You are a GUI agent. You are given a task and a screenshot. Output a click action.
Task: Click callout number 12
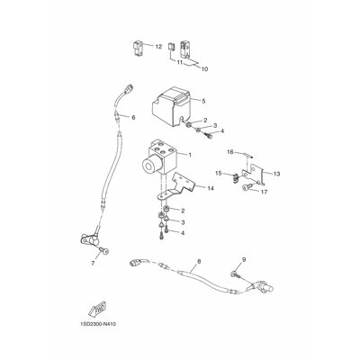point(158,47)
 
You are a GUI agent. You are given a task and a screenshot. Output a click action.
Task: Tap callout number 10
point(204,69)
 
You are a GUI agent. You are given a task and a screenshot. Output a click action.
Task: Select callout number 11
point(180,63)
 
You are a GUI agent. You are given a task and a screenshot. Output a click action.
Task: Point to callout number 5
point(203,101)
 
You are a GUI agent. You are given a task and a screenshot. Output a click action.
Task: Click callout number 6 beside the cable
point(133,117)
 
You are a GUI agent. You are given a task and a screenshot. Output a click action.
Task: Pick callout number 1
point(190,155)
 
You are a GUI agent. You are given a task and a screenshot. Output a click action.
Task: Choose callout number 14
point(211,188)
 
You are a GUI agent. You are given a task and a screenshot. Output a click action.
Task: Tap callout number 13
point(276,174)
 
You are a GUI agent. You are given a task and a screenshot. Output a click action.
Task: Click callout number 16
point(230,152)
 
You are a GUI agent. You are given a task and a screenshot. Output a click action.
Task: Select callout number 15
point(219,173)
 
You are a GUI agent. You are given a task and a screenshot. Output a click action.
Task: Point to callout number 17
point(264,192)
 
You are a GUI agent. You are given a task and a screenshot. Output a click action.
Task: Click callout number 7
point(93,264)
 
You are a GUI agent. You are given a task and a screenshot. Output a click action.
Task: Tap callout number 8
point(199,261)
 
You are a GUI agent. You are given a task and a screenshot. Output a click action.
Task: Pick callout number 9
point(244,260)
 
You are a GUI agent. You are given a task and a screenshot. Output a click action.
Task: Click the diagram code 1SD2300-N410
point(98,324)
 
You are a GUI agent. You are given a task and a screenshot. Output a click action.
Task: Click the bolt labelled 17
point(246,188)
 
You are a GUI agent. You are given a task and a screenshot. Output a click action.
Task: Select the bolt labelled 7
point(104,251)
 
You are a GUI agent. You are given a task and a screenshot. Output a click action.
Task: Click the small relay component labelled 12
point(139,48)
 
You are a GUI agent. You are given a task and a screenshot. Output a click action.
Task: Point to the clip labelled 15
point(235,177)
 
